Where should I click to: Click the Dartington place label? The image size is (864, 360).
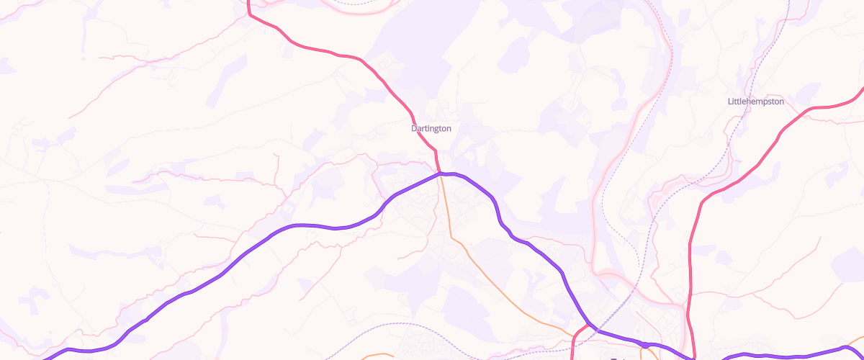tap(431, 128)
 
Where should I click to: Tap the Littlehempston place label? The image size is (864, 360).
tap(755, 102)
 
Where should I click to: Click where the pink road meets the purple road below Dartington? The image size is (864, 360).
tap(439, 174)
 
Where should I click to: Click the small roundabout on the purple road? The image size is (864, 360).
tap(645, 345)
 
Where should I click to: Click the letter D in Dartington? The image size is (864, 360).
tap(414, 128)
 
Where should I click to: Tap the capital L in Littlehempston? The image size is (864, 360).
tap(730, 102)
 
